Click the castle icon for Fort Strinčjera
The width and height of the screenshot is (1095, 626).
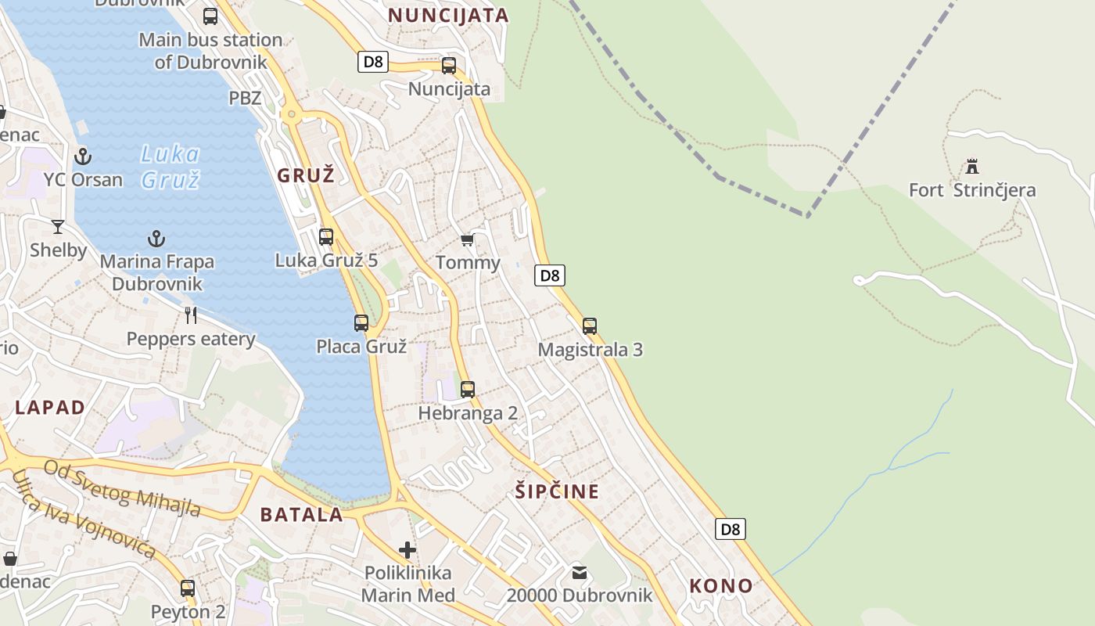pyautogui.click(x=972, y=167)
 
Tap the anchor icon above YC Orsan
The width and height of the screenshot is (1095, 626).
pyautogui.click(x=83, y=156)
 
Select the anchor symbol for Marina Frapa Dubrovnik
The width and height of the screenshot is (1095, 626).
pyautogui.click(x=157, y=239)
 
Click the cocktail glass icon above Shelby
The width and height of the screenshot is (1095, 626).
pyautogui.click(x=58, y=227)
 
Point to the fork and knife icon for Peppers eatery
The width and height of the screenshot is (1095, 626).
pyautogui.click(x=191, y=315)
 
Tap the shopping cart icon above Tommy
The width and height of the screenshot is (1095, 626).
pyautogui.click(x=467, y=239)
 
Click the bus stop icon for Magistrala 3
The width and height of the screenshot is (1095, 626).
pyautogui.click(x=590, y=326)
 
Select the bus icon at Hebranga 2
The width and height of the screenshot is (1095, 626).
pyautogui.click(x=468, y=389)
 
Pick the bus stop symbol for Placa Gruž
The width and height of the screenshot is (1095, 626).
pyautogui.click(x=361, y=322)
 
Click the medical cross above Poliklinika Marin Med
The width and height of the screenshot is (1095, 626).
pyautogui.click(x=407, y=549)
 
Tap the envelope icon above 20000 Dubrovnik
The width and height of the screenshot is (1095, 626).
pyautogui.click(x=580, y=572)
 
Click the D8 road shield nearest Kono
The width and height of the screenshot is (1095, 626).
pyautogui.click(x=730, y=529)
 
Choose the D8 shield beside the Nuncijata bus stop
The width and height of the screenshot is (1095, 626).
pyautogui.click(x=373, y=62)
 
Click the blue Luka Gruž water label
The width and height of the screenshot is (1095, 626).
pyautogui.click(x=171, y=167)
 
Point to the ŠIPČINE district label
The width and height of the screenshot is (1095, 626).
pyautogui.click(x=557, y=491)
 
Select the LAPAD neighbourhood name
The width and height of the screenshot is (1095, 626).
pyautogui.click(x=50, y=407)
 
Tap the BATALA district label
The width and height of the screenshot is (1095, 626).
pyautogui.click(x=301, y=514)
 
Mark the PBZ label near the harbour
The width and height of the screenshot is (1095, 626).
pyautogui.click(x=245, y=98)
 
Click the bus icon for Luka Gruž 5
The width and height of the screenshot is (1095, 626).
pyautogui.click(x=326, y=236)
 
